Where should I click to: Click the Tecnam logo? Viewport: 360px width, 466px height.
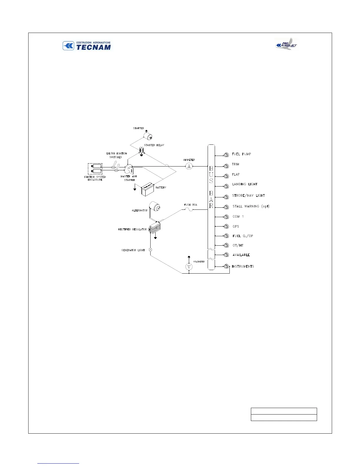click(x=87, y=46)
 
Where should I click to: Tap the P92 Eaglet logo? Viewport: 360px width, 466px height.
click(x=286, y=44)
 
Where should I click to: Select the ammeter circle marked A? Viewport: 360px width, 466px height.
click(x=189, y=166)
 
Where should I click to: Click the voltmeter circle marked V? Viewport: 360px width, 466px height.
click(x=189, y=267)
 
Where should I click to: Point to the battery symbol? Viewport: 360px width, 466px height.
click(x=148, y=190)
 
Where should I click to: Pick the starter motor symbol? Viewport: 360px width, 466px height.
click(x=149, y=136)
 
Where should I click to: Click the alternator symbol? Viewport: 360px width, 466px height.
click(x=154, y=207)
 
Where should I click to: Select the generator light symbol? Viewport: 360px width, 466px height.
click(x=150, y=250)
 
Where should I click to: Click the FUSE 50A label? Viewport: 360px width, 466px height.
click(x=191, y=204)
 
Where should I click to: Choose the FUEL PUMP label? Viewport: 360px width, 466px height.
click(x=241, y=154)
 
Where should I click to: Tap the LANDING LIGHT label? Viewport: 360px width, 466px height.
click(x=245, y=184)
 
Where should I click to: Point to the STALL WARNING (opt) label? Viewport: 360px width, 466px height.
click(x=251, y=206)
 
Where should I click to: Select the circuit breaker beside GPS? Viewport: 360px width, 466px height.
click(x=226, y=227)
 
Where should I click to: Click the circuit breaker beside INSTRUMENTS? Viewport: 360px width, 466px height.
click(x=226, y=267)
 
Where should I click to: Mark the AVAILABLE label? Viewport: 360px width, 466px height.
click(x=241, y=255)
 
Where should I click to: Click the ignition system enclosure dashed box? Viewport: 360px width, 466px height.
click(x=95, y=169)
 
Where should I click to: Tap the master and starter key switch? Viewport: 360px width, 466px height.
click(x=129, y=169)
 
